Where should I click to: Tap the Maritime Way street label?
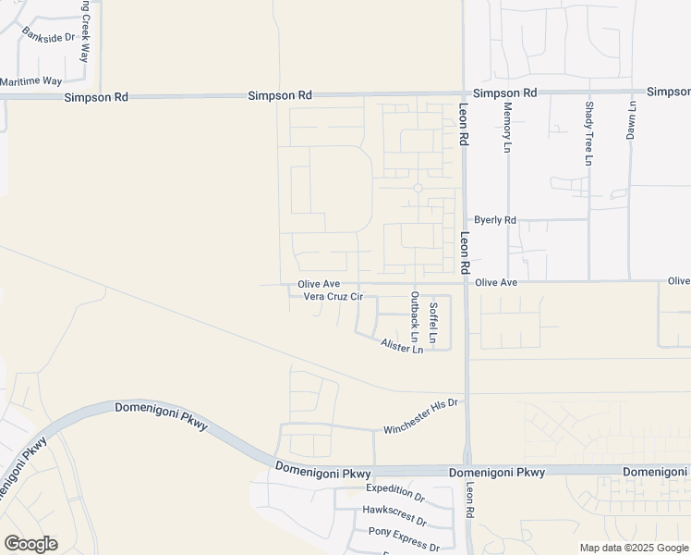click(x=30, y=82)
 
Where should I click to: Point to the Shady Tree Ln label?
click(x=588, y=132)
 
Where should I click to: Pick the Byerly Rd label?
click(x=494, y=220)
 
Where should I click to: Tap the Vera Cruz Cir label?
click(x=333, y=297)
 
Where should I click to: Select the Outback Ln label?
click(x=415, y=321)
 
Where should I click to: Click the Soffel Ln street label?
click(x=434, y=317)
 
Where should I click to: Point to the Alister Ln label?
click(x=402, y=346)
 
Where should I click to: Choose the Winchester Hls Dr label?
click(x=420, y=417)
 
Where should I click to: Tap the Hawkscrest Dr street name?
click(x=394, y=510)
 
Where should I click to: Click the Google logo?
click(x=30, y=544)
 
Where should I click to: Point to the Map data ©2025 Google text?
click(x=633, y=548)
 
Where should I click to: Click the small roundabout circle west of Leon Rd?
click(x=418, y=188)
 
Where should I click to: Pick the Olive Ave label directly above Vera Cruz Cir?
click(x=319, y=284)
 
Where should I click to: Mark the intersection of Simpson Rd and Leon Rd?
click(x=465, y=93)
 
